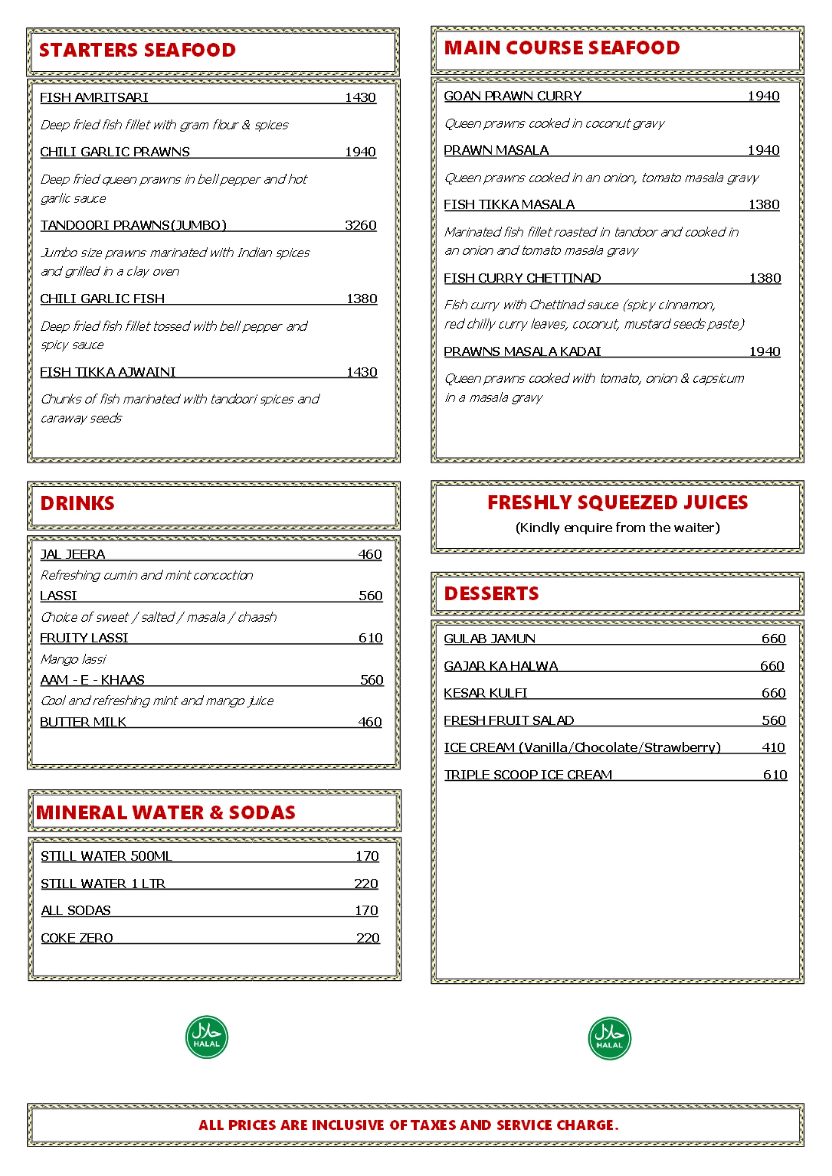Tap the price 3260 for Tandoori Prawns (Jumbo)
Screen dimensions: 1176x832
(360, 225)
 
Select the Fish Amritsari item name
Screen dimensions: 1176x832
(94, 97)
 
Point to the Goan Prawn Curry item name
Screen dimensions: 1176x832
(513, 96)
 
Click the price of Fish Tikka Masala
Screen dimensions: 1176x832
(764, 204)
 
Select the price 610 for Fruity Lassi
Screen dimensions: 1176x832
(370, 638)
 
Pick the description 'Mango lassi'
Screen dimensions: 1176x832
(73, 659)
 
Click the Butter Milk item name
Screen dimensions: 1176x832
(83, 722)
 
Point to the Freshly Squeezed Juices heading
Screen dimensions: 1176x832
(617, 503)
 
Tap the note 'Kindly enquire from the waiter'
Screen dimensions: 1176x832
(617, 528)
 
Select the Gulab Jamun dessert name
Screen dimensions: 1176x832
(489, 638)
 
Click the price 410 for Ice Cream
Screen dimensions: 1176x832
(773, 747)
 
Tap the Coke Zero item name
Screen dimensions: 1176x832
(77, 938)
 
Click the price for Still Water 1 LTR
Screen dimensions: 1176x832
(366, 884)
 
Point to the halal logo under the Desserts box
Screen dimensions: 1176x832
(610, 1038)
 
